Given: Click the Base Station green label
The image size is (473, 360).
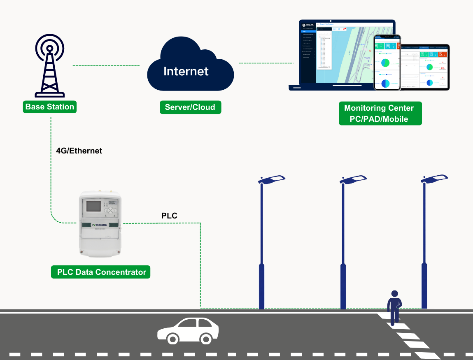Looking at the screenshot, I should [x=50, y=107].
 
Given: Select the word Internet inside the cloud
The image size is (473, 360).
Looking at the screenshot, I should [x=186, y=71].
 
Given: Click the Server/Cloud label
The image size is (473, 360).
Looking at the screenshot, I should [x=190, y=107].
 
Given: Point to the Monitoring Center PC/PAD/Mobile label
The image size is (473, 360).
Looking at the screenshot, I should [x=379, y=114].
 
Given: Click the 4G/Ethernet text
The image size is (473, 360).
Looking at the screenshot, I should [x=79, y=151].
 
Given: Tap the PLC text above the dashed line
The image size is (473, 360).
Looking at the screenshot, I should [x=169, y=216].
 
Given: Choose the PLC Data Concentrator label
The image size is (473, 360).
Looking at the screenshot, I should [x=101, y=272].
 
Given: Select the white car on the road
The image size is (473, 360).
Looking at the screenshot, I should [x=188, y=330].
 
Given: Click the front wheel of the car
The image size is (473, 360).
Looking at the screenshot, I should [x=172, y=339].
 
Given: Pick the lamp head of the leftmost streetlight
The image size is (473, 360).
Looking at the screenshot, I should [x=272, y=179].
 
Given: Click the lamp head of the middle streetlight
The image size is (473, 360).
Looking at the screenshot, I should [x=353, y=179].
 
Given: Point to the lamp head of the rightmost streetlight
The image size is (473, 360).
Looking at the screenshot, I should [x=434, y=179].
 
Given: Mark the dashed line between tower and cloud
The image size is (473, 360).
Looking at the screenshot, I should [x=106, y=66].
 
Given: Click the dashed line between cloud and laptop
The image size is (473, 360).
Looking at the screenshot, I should [x=266, y=63].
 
